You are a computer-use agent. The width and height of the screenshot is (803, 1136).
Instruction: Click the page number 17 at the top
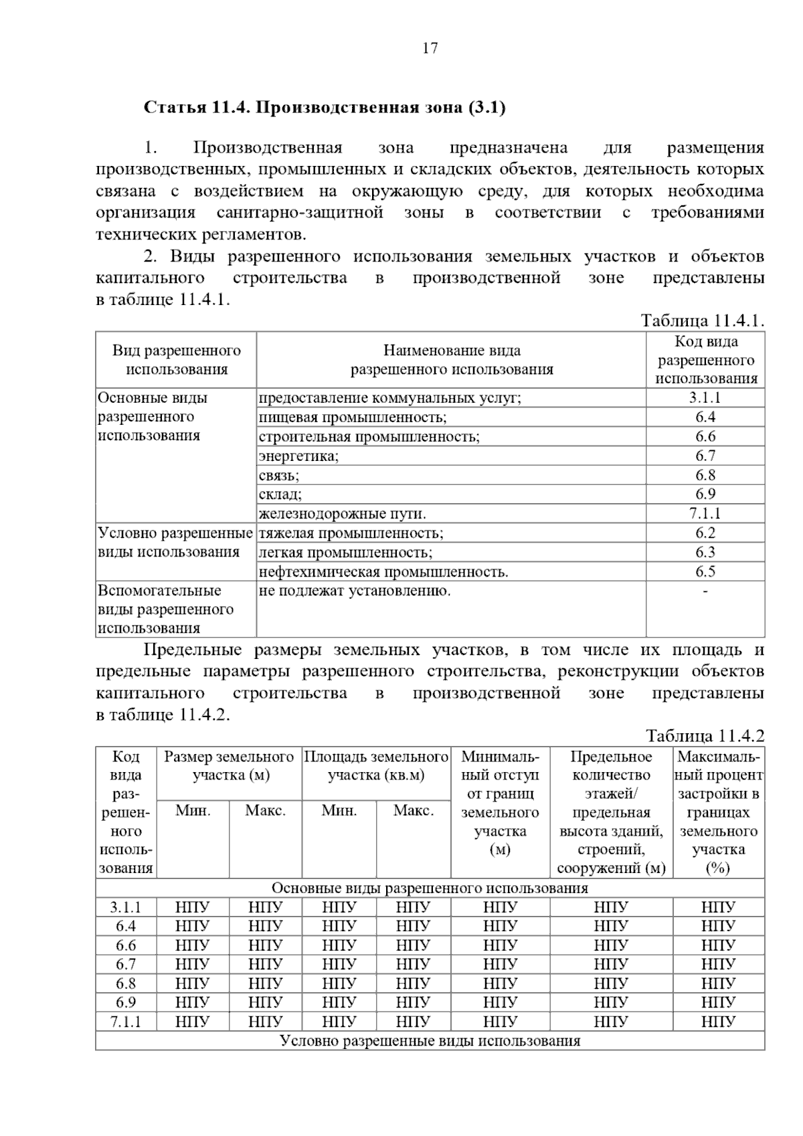click(430, 48)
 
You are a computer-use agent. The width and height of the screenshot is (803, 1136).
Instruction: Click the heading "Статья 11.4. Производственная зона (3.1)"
click(325, 107)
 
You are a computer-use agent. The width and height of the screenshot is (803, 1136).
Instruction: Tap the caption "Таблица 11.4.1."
click(702, 320)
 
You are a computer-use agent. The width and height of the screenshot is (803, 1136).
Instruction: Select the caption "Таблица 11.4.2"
click(705, 736)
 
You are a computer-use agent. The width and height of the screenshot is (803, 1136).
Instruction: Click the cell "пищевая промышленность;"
click(353, 417)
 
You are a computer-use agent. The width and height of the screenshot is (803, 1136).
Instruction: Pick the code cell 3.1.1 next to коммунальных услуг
click(705, 398)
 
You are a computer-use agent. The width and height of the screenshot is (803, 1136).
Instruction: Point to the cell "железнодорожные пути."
click(342, 514)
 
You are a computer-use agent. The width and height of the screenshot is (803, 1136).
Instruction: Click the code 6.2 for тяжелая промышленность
click(705, 533)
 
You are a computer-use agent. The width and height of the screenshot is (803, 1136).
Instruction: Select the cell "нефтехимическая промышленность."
click(383, 572)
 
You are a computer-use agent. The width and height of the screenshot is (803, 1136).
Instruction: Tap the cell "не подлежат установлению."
click(355, 591)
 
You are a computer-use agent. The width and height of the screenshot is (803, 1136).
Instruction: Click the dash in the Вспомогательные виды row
click(705, 591)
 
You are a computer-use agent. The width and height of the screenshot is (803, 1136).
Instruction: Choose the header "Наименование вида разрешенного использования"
click(452, 360)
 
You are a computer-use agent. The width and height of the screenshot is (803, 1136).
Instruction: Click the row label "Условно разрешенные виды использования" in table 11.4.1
click(175, 543)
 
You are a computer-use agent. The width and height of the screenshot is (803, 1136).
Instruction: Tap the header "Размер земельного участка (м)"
click(230, 766)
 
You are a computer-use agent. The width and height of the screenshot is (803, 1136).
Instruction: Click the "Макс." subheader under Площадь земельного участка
click(414, 811)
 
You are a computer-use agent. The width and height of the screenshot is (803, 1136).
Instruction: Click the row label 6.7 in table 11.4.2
click(126, 964)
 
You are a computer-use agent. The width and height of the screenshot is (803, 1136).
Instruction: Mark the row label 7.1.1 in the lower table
click(126, 1022)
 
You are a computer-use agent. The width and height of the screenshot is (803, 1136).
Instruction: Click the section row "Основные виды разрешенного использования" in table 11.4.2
click(430, 888)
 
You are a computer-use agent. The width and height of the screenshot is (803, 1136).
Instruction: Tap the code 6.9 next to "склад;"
click(705, 494)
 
